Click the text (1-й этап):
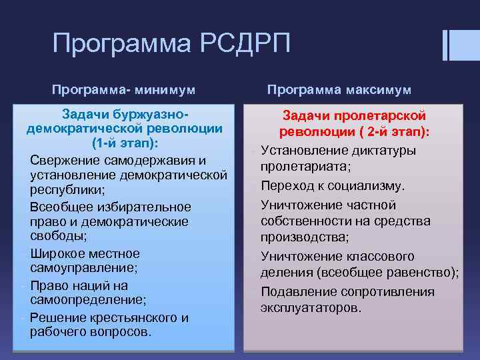pos(125,143)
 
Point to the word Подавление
pos(299,292)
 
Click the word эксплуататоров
pos(311,308)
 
